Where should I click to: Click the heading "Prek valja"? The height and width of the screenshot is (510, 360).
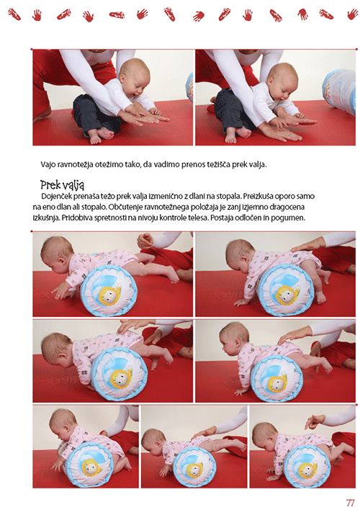pyautogui.click(x=62, y=184)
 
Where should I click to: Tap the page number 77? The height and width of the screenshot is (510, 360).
pyautogui.click(x=350, y=503)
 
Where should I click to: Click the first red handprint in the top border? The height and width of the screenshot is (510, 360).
pyautogui.click(x=14, y=14)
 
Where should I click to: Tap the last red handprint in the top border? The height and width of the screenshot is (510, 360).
pyautogui.click(x=352, y=14)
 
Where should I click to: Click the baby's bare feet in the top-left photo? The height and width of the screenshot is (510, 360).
pyautogui.click(x=101, y=135)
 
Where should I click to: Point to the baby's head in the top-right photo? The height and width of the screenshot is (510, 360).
pyautogui.click(x=283, y=81)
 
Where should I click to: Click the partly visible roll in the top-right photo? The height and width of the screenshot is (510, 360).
pyautogui.click(x=339, y=91)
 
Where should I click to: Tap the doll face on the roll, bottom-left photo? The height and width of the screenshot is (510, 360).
pyautogui.click(x=90, y=467)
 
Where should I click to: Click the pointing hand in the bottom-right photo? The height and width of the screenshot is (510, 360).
pyautogui.click(x=315, y=421)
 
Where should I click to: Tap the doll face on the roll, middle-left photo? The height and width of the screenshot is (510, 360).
pyautogui.click(x=121, y=377)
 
